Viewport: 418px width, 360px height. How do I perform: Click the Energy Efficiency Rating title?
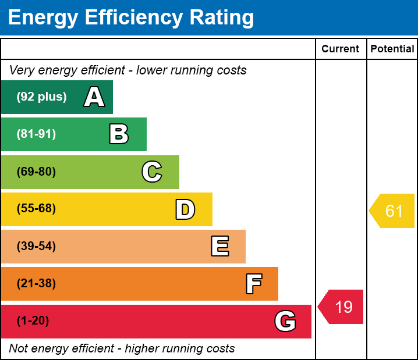pos(131,18)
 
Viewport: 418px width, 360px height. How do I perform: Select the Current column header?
pos(341,49)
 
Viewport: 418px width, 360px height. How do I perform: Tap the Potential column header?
pos(392,49)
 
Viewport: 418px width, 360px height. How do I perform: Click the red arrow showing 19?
pos(341,306)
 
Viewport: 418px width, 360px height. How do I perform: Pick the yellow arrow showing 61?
pos(392,211)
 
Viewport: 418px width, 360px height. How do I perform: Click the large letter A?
pos(94,97)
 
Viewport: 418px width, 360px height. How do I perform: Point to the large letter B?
pos(119,134)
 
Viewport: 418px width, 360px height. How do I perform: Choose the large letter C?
pos(152,172)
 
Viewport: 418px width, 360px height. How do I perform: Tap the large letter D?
pos(185,209)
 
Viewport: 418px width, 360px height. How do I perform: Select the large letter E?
pos(219,247)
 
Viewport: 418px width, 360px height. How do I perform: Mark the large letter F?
pos(253,284)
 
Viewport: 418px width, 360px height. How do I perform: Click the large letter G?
pos(285,321)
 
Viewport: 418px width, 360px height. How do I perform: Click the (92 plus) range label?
pos(41,97)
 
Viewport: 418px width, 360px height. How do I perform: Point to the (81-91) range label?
pos(36,134)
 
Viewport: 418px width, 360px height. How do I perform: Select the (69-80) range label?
pos(36,172)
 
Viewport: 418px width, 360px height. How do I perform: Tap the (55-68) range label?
pos(36,209)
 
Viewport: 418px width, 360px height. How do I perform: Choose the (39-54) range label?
pos(36,247)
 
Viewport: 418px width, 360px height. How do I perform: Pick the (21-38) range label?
pos(36,284)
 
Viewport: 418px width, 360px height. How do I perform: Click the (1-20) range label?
pos(33,321)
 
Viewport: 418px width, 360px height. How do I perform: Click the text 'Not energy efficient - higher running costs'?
pos(122,349)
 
